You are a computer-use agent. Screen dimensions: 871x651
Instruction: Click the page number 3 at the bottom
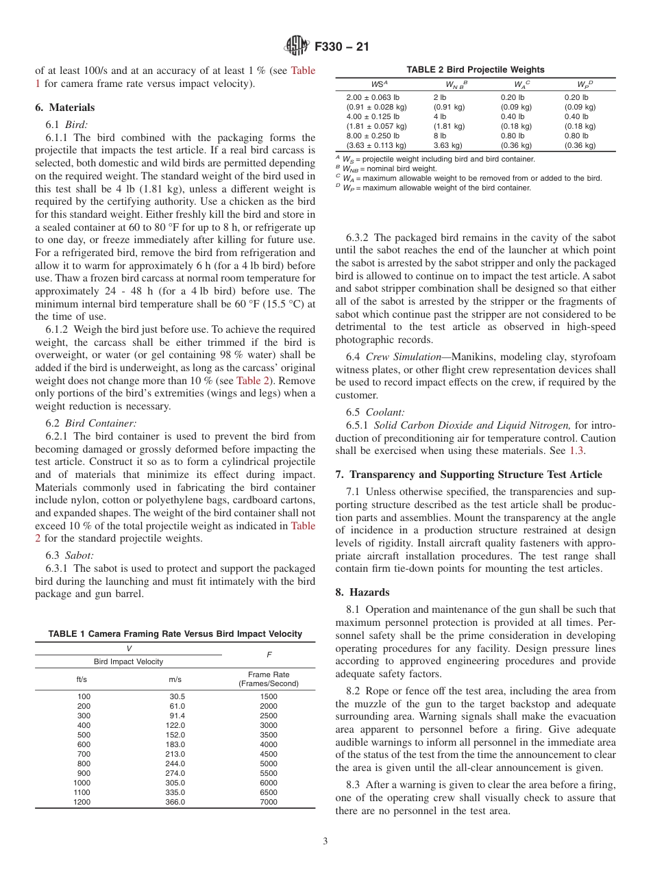pyautogui.click(x=325, y=842)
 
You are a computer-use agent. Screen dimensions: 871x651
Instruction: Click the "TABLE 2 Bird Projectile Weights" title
pyautogui.click(x=476, y=70)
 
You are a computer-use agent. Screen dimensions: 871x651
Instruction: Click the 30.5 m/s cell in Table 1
pyautogui.click(x=177, y=696)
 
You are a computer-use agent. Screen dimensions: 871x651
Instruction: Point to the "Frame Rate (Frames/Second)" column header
pyautogui.click(x=269, y=679)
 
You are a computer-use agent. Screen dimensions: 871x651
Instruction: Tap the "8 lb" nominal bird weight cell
pyautogui.click(x=440, y=136)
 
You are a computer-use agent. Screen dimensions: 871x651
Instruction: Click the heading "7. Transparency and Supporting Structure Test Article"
pyautogui.click(x=469, y=475)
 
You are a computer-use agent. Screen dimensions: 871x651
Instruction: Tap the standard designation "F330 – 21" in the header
pyautogui.click(x=341, y=47)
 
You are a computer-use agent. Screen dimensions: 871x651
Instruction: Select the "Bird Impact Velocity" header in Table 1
pyautogui.click(x=128, y=661)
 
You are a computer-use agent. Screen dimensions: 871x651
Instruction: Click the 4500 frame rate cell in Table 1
pyautogui.click(x=269, y=754)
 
